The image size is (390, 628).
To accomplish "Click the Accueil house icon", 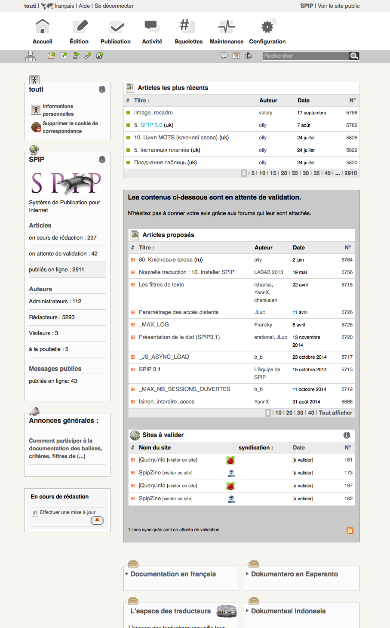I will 42,27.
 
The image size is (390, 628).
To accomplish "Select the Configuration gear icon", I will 267,27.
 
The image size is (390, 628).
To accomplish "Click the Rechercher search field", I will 305,56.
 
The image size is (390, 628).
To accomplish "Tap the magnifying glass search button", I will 354,56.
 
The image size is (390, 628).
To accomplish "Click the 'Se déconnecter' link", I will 114,6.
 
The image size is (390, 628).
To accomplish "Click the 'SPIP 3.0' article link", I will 151,125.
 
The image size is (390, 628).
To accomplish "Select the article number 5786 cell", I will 351,113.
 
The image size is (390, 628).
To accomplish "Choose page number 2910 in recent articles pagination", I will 350,173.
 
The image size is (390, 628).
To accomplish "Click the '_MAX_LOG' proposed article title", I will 154,325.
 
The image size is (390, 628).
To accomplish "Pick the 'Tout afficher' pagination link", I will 335,413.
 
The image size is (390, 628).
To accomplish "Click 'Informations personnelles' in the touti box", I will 58,110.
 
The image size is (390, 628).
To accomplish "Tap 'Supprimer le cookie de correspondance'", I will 70,127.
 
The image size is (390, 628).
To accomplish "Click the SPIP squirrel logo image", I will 66,183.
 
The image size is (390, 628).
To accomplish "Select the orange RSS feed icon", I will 350,531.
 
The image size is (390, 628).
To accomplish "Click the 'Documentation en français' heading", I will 173,574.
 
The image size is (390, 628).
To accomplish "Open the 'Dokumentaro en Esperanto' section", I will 294,574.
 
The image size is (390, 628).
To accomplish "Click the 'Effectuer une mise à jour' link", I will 68,512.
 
